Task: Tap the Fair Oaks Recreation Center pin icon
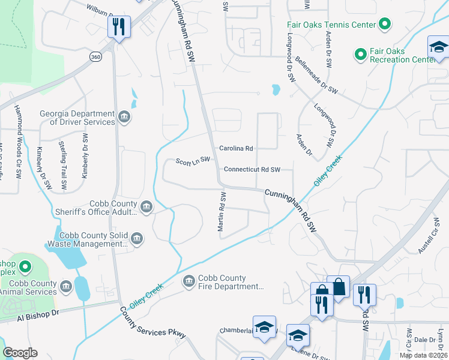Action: click(360, 55)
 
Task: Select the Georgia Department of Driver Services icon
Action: click(124, 117)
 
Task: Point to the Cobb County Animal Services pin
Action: click(66, 287)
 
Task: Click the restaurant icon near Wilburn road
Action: click(118, 26)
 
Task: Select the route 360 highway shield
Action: click(95, 56)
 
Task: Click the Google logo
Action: click(20, 353)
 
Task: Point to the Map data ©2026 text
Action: click(423, 355)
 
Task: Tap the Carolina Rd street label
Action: click(236, 148)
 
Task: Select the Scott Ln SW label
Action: click(193, 160)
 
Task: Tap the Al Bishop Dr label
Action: click(38, 315)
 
